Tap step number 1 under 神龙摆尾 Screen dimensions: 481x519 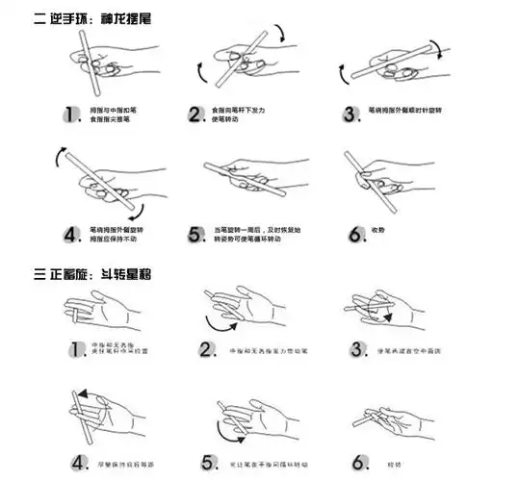pyautogui.click(x=70, y=114)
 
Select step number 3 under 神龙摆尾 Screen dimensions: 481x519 pyautogui.click(x=350, y=114)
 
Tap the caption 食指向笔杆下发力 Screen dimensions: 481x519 pyautogui.click(x=247, y=110)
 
